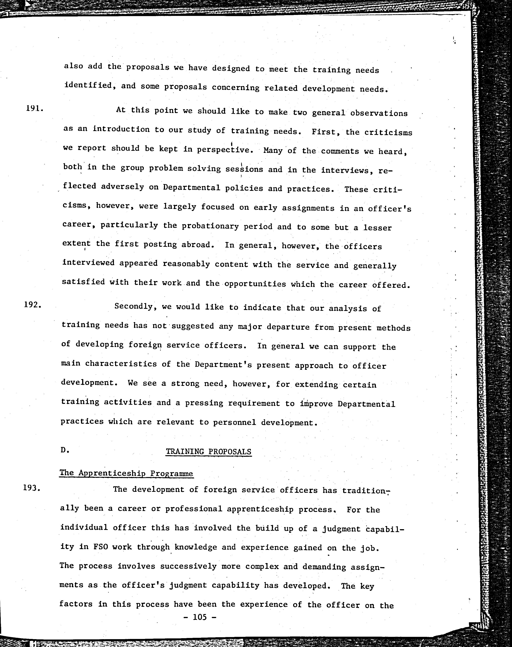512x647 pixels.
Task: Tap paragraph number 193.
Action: tap(32, 488)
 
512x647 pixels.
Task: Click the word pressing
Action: tap(204, 403)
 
